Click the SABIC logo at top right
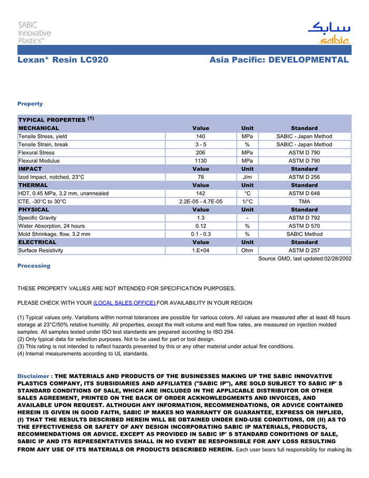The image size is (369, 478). (328, 33)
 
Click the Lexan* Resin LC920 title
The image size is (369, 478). (63, 60)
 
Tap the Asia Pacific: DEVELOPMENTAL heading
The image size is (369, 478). (279, 60)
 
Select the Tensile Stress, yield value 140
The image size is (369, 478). (200, 136)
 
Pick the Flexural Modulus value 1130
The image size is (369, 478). (200, 161)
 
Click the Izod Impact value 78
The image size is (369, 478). (200, 177)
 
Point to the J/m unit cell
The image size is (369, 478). (247, 177)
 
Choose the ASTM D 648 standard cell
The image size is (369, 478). (304, 193)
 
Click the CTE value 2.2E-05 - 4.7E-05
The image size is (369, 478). (200, 201)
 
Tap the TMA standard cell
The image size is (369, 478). (304, 201)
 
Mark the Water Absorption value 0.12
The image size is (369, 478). (200, 226)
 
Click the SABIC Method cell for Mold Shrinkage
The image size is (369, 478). (304, 234)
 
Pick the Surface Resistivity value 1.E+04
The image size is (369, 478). (200, 250)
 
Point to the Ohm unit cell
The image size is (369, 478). (247, 250)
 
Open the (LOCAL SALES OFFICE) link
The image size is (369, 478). (124, 303)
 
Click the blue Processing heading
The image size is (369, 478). (34, 266)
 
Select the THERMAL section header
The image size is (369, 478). (33, 185)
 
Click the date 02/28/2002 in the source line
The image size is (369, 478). (337, 258)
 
